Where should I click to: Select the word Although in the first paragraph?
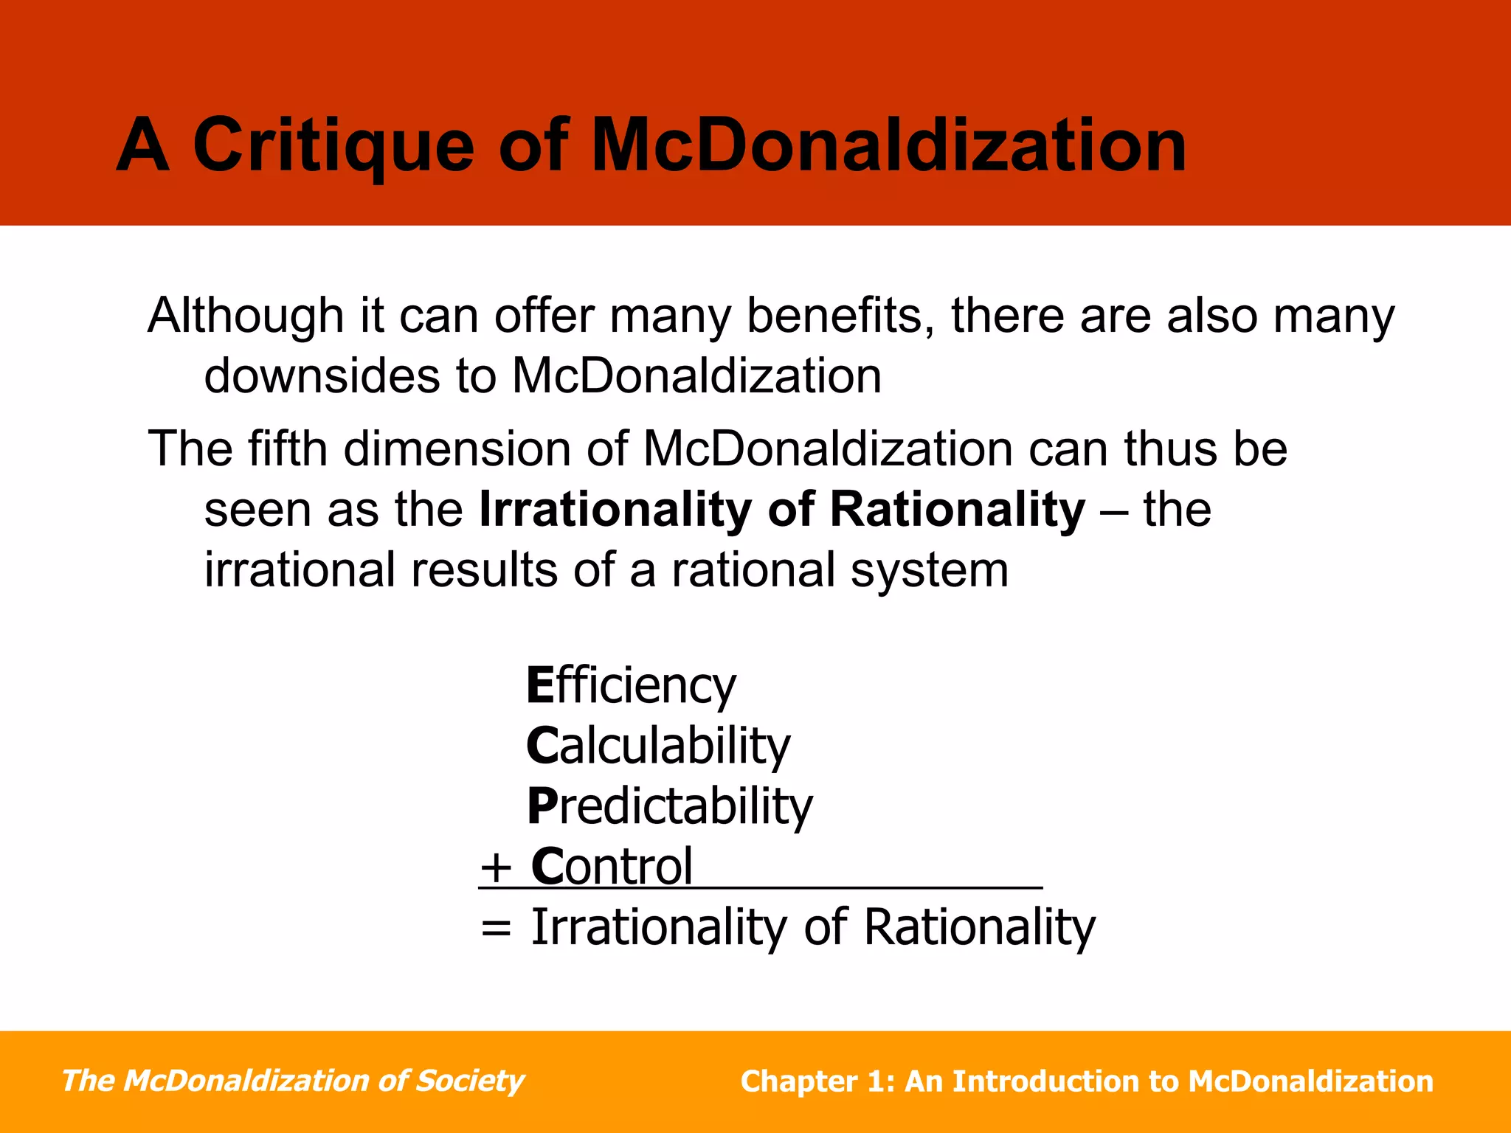point(246,316)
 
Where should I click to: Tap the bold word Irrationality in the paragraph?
point(615,510)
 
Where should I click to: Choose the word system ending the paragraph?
point(929,572)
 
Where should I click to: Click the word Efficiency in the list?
point(631,686)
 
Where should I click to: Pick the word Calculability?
point(657,746)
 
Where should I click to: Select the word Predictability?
point(669,806)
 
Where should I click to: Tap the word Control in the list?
point(612,867)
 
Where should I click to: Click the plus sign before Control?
point(495,868)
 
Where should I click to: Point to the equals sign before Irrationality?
point(495,929)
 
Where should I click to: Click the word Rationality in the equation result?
point(979,927)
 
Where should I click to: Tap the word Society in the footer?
point(469,1081)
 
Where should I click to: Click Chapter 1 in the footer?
point(816,1082)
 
